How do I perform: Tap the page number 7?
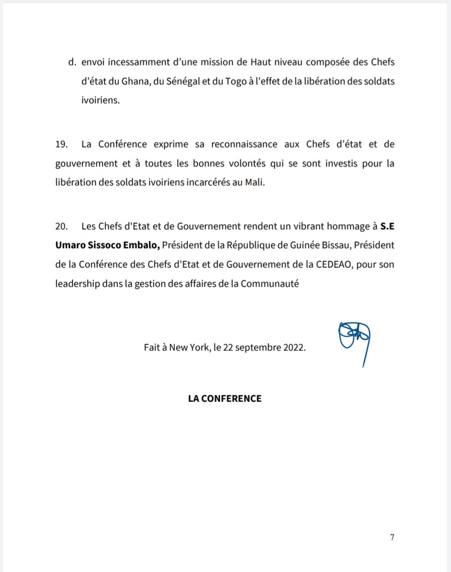click(x=392, y=537)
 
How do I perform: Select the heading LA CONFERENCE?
click(x=225, y=398)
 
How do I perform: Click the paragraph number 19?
click(x=61, y=144)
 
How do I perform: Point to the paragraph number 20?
click(x=61, y=226)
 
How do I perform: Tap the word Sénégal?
click(x=183, y=81)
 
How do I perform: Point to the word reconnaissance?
click(x=244, y=144)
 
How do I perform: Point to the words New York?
click(x=189, y=347)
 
